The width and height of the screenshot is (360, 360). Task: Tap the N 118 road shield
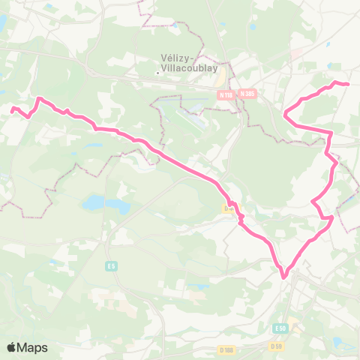click(x=226, y=94)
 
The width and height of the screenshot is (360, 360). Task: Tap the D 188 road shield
click(x=226, y=349)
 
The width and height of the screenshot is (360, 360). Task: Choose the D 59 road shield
click(x=275, y=346)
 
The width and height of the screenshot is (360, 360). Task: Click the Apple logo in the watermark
click(x=13, y=347)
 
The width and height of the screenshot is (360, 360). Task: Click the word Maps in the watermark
click(x=33, y=347)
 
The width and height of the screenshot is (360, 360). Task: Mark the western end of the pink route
click(x=12, y=109)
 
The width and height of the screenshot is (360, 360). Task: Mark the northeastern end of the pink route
click(x=349, y=84)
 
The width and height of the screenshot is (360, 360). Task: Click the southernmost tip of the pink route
click(x=284, y=277)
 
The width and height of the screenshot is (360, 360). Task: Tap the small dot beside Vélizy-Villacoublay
click(x=157, y=73)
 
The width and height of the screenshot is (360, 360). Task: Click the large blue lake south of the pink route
click(x=94, y=202)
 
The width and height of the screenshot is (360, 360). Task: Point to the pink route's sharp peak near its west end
click(x=39, y=98)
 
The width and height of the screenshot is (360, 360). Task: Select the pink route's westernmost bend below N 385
click(x=286, y=115)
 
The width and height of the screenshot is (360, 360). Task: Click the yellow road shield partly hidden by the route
click(x=226, y=208)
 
